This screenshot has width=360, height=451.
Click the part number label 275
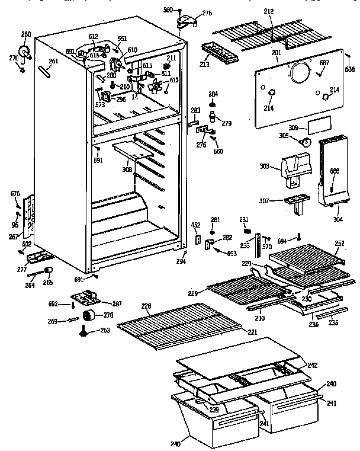coord(207,13)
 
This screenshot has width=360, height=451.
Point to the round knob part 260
coord(26,53)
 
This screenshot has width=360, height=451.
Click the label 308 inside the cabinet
coord(127,169)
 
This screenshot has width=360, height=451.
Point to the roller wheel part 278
coord(89,315)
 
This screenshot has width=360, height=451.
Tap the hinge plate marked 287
coord(86,296)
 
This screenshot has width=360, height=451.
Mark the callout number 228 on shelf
coord(146,306)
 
